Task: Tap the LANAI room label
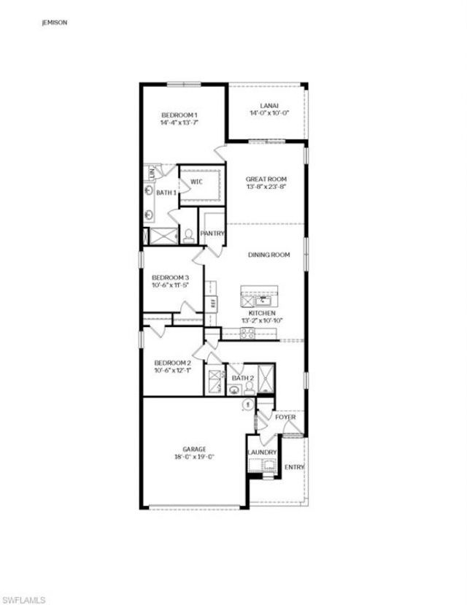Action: pos(266,104)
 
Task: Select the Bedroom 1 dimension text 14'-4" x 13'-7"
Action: pos(180,123)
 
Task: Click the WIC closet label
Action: pos(196,181)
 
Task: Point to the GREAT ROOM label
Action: pos(266,179)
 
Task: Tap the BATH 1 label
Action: pos(166,193)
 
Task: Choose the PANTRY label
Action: pos(212,234)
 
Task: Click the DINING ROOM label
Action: pos(269,255)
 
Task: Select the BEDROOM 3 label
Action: pos(170,277)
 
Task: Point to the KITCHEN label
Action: pos(261,312)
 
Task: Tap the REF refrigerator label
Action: pos(213,304)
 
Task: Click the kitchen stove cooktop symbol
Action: pos(248,334)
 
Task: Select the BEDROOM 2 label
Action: pos(172,363)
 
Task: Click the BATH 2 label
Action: pos(243,378)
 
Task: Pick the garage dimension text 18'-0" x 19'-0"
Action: pos(193,458)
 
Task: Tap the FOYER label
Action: pos(285,417)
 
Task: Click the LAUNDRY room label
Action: pos(262,452)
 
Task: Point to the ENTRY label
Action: pos(294,467)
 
